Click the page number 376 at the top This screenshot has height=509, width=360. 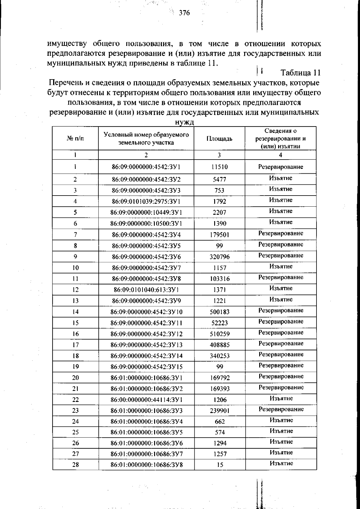(x=184, y=13)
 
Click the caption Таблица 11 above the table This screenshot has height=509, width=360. (x=300, y=73)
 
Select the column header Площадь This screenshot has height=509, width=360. (x=219, y=139)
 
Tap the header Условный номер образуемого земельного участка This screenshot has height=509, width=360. (x=146, y=139)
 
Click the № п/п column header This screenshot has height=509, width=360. (x=75, y=139)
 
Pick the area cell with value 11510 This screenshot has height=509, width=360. (x=219, y=167)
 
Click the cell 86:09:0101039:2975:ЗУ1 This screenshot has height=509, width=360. (x=146, y=201)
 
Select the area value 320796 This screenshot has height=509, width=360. (x=219, y=257)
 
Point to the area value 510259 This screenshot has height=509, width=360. (x=219, y=334)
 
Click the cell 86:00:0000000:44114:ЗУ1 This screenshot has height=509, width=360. (x=146, y=400)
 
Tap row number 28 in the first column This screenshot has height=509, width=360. (x=76, y=465)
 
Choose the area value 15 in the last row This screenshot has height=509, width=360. (x=220, y=465)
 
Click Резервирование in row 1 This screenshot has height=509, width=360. (x=280, y=167)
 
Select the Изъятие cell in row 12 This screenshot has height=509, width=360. (x=281, y=288)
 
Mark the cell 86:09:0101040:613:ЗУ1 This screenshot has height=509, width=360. (x=146, y=290)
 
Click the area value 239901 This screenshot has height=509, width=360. (x=220, y=411)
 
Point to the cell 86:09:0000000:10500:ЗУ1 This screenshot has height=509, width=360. (x=146, y=223)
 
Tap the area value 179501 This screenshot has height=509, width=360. (x=219, y=235)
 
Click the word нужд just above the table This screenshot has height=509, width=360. (x=184, y=122)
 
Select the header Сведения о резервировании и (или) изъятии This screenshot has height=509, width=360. (x=280, y=139)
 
